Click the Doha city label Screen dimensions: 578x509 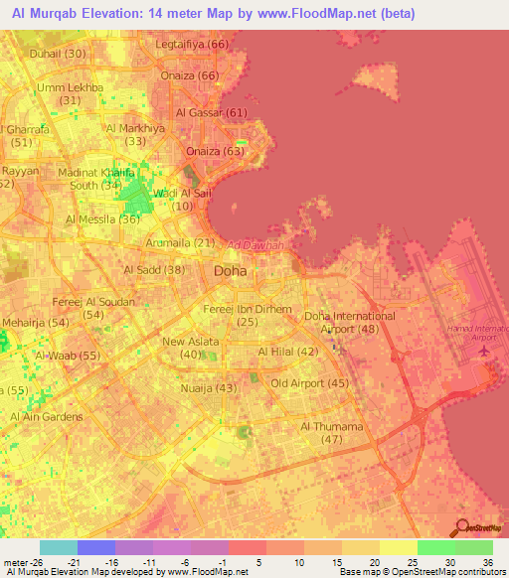231,270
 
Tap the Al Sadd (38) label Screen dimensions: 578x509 154,269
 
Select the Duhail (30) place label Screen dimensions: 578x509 58,53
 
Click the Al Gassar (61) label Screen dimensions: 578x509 211,112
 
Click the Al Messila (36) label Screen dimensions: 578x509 102,219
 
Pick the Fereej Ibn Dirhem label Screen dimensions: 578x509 248,309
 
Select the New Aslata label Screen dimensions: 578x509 189,342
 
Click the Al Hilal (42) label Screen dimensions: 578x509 288,352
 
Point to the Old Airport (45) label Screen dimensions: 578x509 309,382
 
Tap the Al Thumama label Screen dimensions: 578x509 332,426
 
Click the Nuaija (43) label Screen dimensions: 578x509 209,388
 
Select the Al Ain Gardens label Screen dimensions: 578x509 46,416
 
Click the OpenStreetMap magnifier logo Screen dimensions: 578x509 461,526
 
